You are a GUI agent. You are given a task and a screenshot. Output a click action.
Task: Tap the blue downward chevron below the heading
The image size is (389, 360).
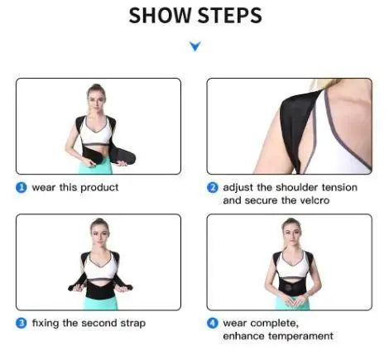click(194, 47)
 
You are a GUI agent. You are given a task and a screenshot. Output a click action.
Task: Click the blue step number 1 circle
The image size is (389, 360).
click(21, 187)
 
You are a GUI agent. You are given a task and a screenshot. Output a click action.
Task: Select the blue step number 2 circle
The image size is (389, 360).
click(212, 187)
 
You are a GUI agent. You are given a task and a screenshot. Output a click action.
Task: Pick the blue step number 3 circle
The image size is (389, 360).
click(21, 323)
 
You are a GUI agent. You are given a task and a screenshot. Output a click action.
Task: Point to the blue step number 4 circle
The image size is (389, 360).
click(212, 323)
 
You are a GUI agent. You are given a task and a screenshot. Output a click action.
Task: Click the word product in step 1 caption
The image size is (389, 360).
click(99, 187)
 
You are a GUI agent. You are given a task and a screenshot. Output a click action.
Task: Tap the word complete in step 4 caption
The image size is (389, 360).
click(271, 323)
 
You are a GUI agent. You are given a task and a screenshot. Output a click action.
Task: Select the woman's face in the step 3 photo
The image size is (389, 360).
click(99, 229)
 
